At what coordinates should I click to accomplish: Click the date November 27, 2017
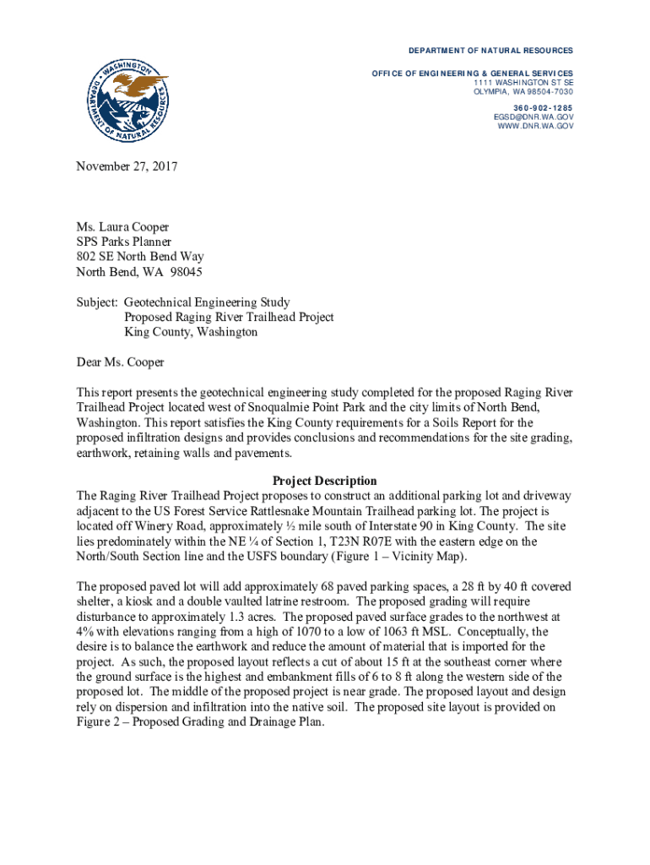(126, 167)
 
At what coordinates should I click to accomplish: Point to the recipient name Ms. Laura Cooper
(122, 226)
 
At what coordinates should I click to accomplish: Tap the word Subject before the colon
(96, 302)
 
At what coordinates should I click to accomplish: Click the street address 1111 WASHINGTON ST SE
(523, 83)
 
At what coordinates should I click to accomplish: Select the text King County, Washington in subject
(191, 332)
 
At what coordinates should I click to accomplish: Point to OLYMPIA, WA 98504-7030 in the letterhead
(523, 91)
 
